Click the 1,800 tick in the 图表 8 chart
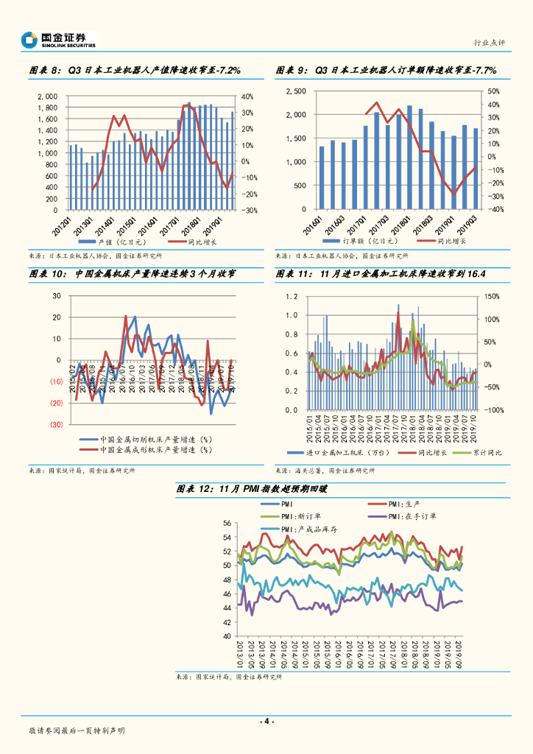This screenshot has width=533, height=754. [49, 108]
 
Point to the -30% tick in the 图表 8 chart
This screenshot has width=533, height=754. [248, 210]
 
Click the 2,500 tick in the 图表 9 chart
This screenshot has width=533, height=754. [295, 91]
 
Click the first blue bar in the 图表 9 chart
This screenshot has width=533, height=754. [322, 177]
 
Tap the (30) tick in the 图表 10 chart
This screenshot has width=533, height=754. [56, 425]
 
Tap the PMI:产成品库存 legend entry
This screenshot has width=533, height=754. [303, 529]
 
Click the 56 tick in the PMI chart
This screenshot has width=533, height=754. [227, 523]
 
